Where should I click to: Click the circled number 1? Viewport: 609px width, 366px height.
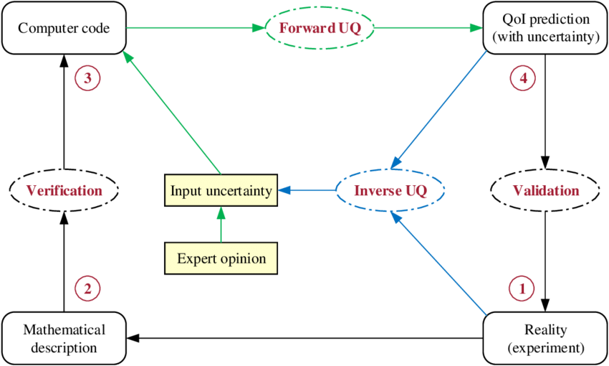coord(522,289)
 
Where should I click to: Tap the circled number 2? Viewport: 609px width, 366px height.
coord(87,289)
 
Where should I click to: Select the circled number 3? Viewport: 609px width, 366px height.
coord(87,78)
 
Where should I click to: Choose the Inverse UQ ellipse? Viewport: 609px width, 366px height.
coord(391,191)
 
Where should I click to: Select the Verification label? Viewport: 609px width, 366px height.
coord(64,191)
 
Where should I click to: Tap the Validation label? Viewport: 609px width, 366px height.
coord(545,191)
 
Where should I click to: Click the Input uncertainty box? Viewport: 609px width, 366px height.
coord(221,191)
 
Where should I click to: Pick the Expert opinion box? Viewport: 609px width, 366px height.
coord(221,258)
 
